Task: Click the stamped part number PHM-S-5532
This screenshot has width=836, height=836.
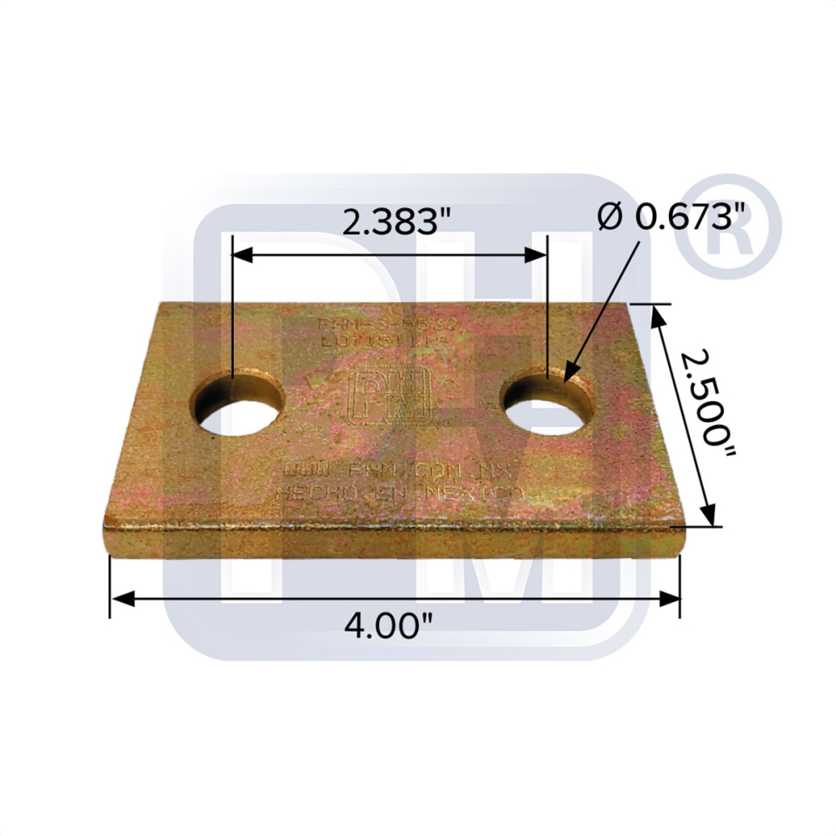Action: pyautogui.click(x=386, y=323)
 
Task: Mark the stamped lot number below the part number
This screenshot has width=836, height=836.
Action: pyautogui.click(x=386, y=340)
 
